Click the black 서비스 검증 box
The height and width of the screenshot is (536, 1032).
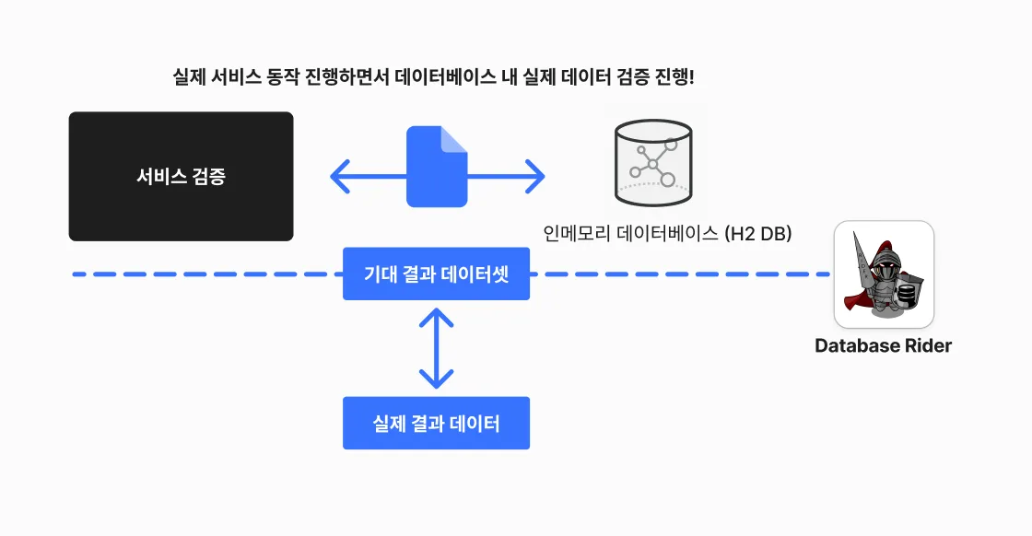coord(181,176)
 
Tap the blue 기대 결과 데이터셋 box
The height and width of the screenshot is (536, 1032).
coord(437,274)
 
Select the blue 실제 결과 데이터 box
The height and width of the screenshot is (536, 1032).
coord(437,423)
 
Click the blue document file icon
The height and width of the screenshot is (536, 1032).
coord(437,167)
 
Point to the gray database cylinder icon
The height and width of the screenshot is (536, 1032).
coord(653,162)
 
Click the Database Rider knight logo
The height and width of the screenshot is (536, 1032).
coord(884,274)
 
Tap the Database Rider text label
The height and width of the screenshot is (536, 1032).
coord(884,346)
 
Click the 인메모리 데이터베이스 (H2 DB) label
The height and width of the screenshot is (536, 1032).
coord(667,233)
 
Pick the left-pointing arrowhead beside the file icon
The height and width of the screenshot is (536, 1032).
coord(340,176)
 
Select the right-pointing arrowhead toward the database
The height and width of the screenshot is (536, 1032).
coord(535,176)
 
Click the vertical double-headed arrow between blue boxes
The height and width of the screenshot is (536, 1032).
coord(437,348)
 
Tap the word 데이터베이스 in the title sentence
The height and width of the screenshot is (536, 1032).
coord(445,77)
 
